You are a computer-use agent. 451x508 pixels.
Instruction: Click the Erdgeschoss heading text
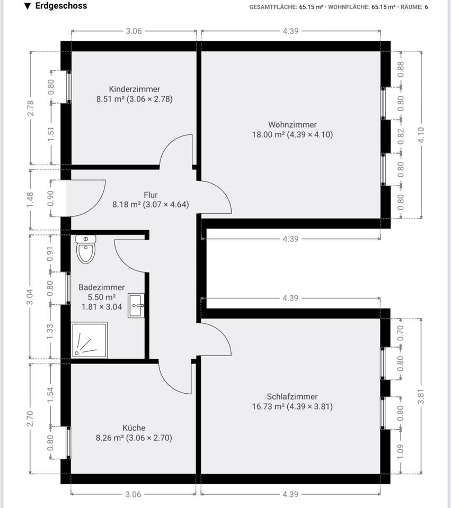tap(60, 6)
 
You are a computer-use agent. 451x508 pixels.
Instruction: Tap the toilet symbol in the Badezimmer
tap(85, 249)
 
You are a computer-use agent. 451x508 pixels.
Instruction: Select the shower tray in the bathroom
tap(89, 340)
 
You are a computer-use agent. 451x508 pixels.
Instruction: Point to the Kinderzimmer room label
tap(134, 89)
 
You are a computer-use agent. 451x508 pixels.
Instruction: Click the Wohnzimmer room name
tap(293, 124)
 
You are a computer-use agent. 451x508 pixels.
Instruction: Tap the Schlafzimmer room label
tap(292, 396)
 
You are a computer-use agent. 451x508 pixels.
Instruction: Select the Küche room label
tap(134, 428)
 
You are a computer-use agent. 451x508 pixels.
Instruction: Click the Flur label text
tap(151, 194)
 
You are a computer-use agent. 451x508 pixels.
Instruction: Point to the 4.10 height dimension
tap(422, 134)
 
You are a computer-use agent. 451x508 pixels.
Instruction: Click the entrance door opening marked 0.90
tap(66, 198)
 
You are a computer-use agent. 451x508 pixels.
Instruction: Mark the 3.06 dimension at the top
tap(134, 31)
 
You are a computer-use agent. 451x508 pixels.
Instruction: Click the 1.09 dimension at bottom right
tap(401, 451)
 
